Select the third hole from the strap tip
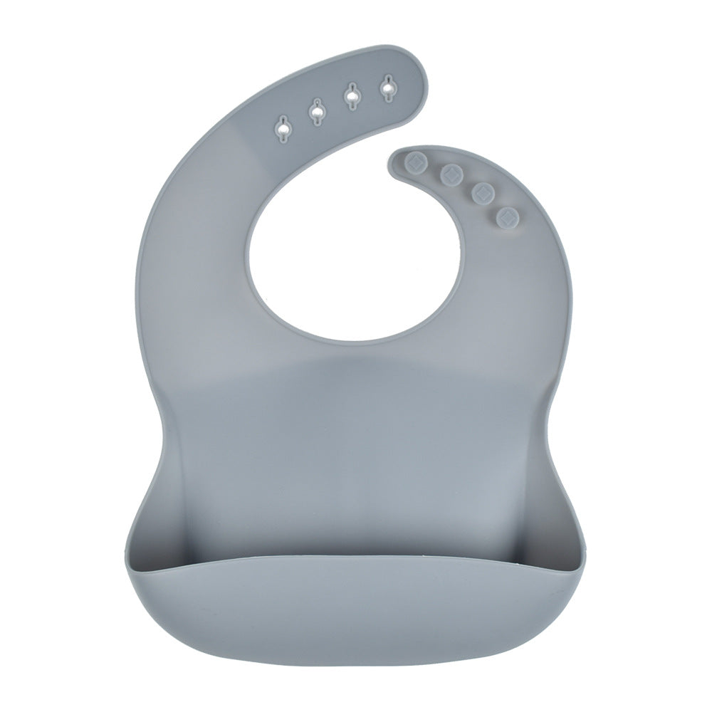(x=315, y=110)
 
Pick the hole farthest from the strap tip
(x=284, y=129)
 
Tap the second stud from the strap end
(x=450, y=173)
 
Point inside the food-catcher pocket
(x=356, y=527)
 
